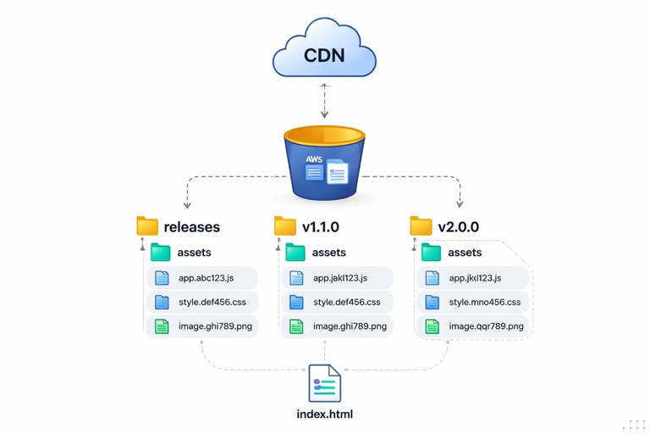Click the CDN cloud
coord(324,58)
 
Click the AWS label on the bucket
coord(313,159)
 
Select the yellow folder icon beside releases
coord(147,226)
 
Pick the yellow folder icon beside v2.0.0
coord(421,226)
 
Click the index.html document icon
coord(325,383)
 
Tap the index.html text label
coord(325,415)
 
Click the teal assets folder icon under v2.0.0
coord(432,252)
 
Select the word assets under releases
coord(194,252)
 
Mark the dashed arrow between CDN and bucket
coord(325,101)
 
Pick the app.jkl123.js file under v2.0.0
coord(473,277)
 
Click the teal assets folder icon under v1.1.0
coord(295,252)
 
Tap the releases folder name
coord(192,227)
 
